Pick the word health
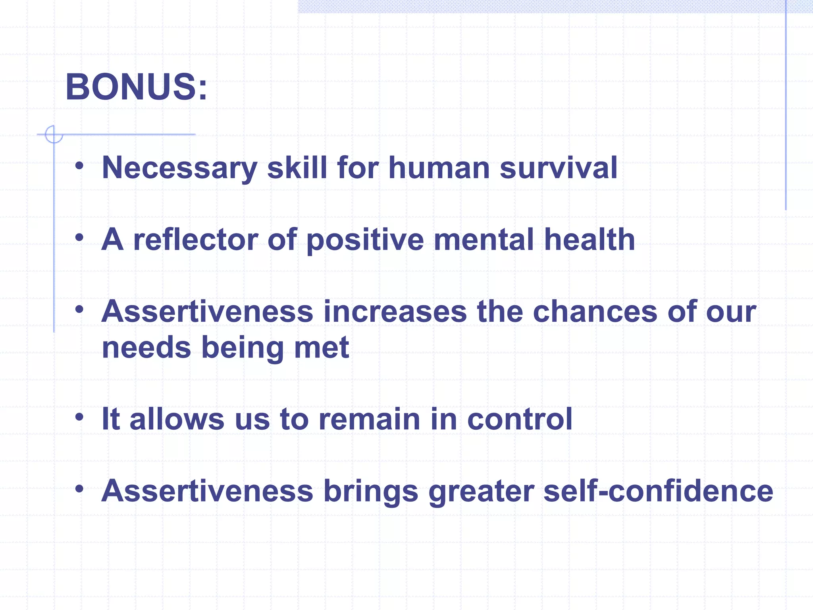[x=589, y=240]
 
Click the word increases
[x=395, y=312]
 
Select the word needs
[x=146, y=347]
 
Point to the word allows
[x=177, y=419]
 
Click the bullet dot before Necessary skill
[x=79, y=166]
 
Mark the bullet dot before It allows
[x=79, y=417]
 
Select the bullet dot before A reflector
[x=79, y=238]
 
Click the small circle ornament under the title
[x=54, y=134]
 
